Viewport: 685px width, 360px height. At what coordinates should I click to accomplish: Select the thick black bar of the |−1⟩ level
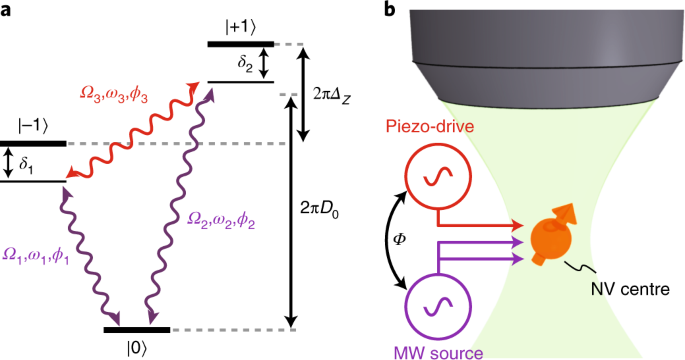33,143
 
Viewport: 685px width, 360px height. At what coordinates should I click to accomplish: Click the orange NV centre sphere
557,244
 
